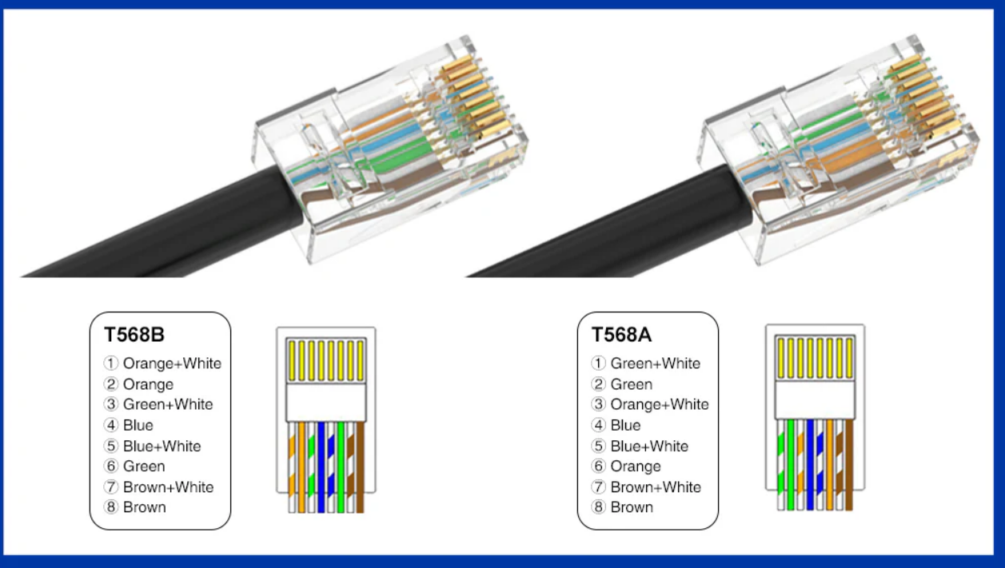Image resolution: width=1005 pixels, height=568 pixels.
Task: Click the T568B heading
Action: click(x=134, y=335)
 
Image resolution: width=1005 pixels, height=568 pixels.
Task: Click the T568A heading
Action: click(x=621, y=335)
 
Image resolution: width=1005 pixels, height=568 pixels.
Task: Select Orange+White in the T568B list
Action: click(x=172, y=363)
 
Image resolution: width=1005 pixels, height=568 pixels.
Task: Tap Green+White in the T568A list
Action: click(x=655, y=363)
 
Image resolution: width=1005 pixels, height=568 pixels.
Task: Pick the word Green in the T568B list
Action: click(x=144, y=467)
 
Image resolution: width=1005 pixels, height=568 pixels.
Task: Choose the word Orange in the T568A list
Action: click(x=636, y=467)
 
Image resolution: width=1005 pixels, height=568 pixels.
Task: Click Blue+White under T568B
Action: click(x=162, y=446)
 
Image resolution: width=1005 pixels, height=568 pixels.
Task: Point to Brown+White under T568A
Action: click(x=656, y=487)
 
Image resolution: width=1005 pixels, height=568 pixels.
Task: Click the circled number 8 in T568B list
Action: click(x=111, y=507)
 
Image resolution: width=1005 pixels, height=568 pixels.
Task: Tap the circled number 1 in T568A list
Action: click(x=599, y=363)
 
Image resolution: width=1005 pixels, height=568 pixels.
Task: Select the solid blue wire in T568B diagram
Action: click(x=321, y=467)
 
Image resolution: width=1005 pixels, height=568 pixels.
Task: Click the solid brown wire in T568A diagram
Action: click(x=848, y=467)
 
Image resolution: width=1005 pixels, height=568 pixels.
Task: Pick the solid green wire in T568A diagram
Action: click(x=790, y=467)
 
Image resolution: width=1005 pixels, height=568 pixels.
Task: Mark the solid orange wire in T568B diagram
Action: click(x=301, y=467)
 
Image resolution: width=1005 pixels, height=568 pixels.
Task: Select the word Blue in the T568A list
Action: click(x=625, y=425)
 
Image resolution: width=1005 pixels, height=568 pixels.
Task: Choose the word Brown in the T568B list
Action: click(x=145, y=507)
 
